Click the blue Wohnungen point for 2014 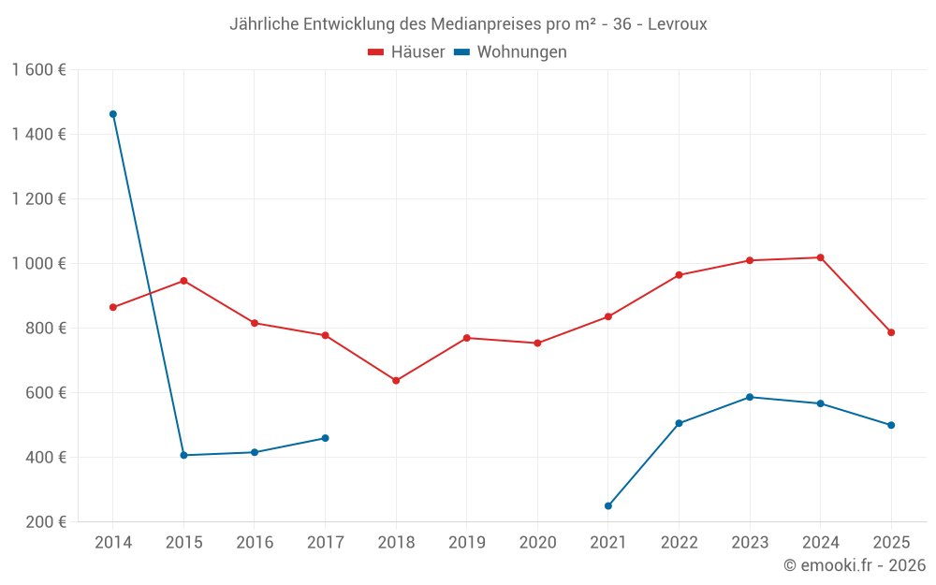[x=113, y=114]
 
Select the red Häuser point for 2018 [x=396, y=381]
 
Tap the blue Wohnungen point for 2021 [x=608, y=506]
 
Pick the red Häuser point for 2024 [x=821, y=257]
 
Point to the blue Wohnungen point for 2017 [x=325, y=438]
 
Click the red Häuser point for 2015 [x=183, y=281]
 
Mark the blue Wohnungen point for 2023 [x=750, y=397]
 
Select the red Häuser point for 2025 [x=891, y=332]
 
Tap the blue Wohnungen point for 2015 [x=183, y=455]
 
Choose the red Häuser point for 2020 [x=537, y=344]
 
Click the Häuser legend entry [x=407, y=52]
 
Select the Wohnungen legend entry [x=511, y=52]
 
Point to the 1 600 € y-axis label [x=38, y=70]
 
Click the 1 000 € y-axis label [x=38, y=264]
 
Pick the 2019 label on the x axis [x=466, y=543]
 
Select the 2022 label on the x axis [x=679, y=543]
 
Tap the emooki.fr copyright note [x=854, y=565]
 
